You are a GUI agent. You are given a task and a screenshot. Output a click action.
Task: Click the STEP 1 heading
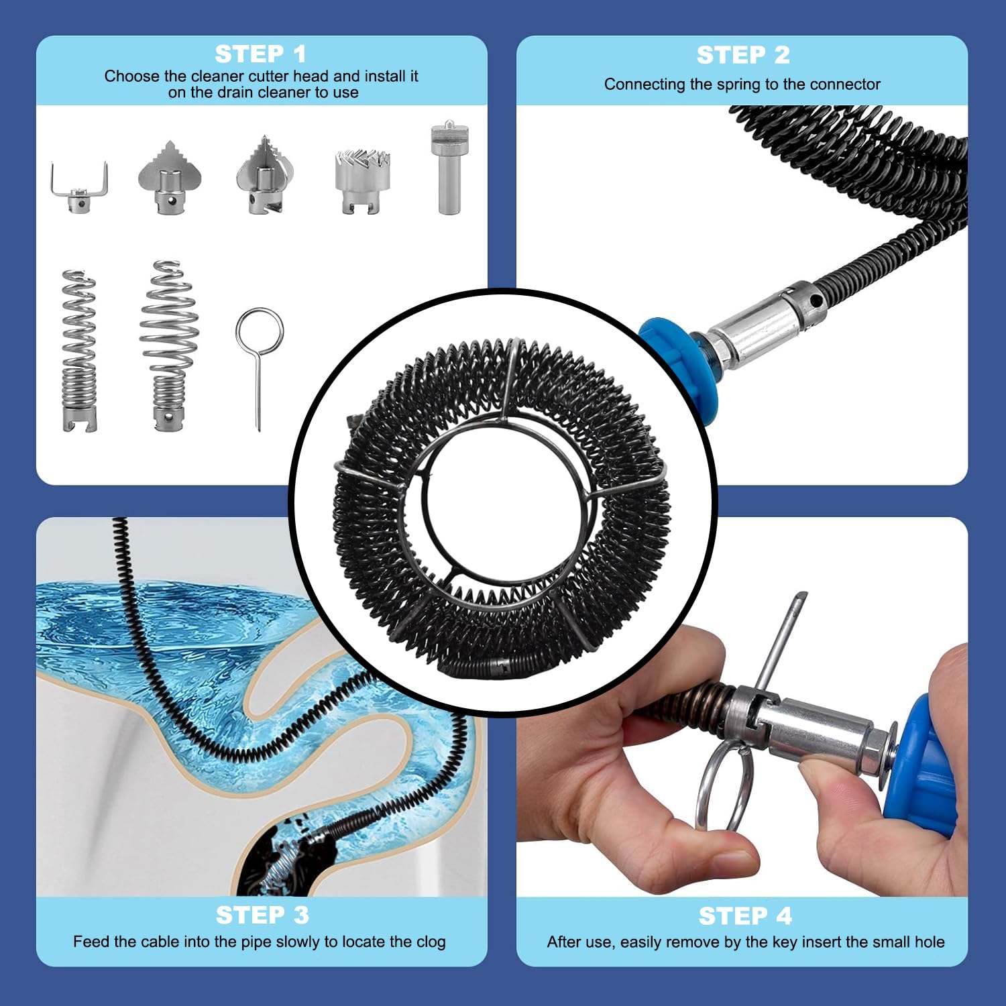tap(260, 54)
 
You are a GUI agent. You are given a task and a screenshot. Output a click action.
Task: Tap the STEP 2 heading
tap(743, 55)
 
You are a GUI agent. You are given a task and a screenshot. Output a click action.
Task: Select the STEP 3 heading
tap(262, 915)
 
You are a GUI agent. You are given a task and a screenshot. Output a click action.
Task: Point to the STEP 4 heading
tap(745, 915)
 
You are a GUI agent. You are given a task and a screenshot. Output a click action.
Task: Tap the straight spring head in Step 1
tap(79, 350)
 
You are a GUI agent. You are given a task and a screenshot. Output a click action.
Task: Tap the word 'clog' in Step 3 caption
tap(431, 942)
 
